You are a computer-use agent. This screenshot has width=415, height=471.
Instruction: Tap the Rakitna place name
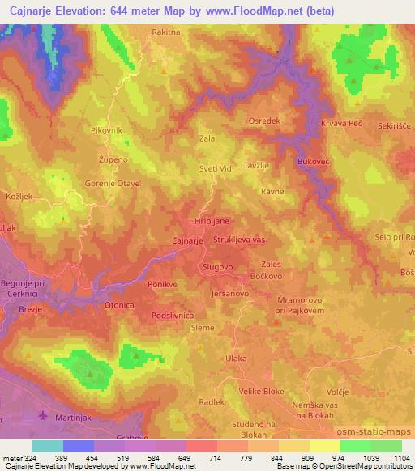[166, 32]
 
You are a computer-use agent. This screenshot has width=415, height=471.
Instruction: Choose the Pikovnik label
[106, 129]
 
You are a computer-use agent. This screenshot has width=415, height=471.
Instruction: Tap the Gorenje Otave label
[113, 184]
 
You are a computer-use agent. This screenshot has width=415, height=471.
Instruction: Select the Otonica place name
[118, 305]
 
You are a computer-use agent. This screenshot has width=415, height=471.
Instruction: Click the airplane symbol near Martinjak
[43, 416]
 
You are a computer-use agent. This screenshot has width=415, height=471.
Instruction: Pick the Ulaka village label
[236, 358]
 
